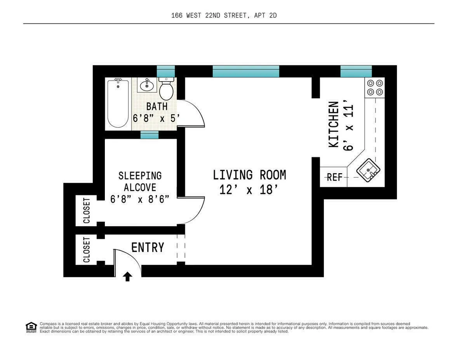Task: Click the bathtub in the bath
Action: tap(118, 103)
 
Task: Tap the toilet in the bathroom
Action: tap(166, 89)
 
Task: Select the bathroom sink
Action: tap(147, 85)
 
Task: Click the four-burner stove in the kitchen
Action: tap(375, 87)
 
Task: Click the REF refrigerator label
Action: tap(334, 177)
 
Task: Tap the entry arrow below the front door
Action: tap(128, 277)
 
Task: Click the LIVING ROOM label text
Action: tap(249, 175)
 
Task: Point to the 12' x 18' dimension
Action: tap(249, 190)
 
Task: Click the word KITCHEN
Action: tap(334, 124)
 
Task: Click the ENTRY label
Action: tap(148, 248)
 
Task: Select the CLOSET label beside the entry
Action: tap(87, 250)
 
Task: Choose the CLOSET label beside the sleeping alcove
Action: tap(87, 210)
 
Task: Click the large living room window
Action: tap(246, 71)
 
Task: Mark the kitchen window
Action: tap(356, 71)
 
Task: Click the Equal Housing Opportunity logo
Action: tap(31, 327)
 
